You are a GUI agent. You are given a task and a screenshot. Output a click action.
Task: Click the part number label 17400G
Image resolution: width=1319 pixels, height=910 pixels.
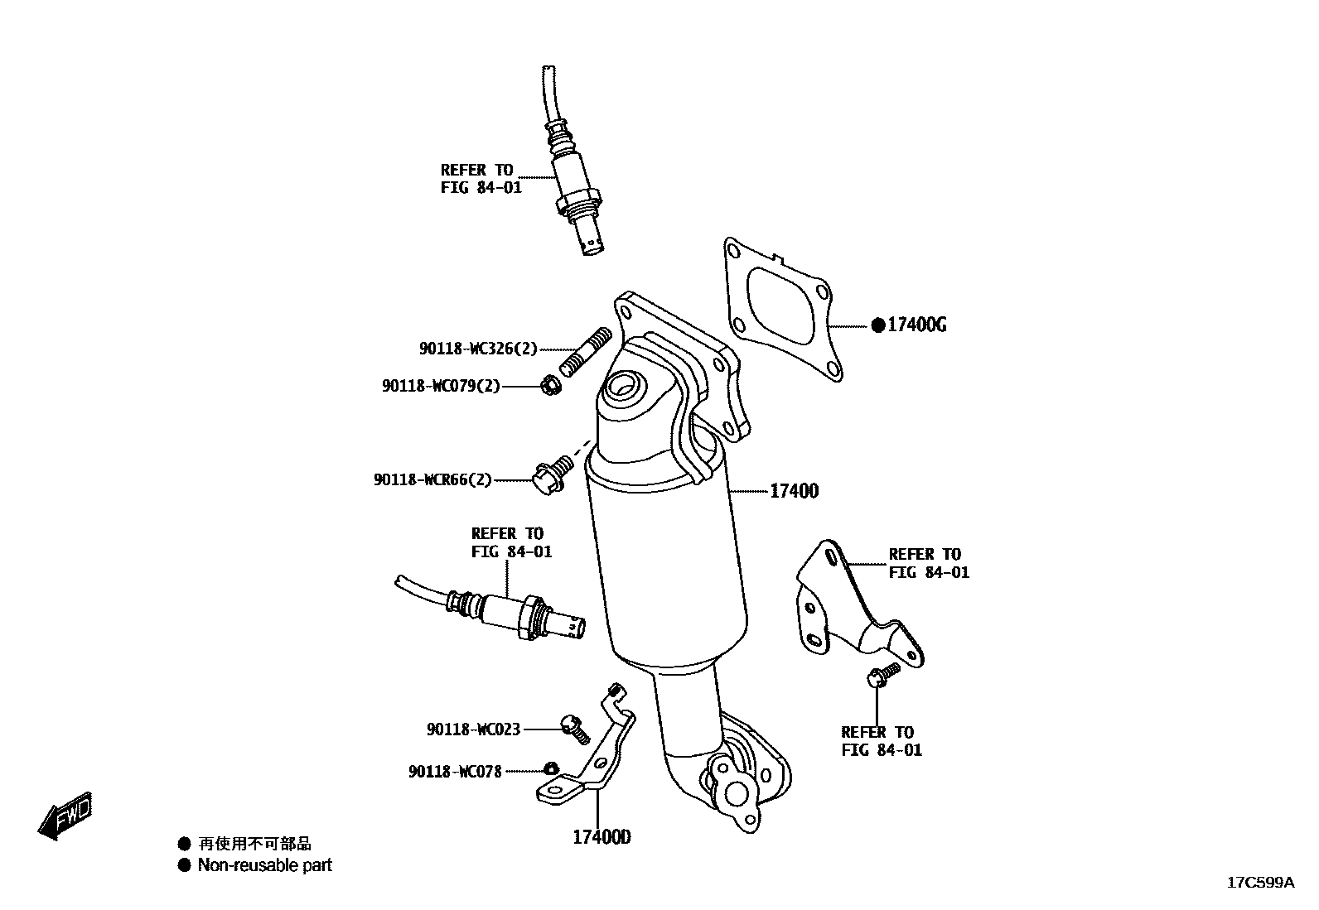click(916, 325)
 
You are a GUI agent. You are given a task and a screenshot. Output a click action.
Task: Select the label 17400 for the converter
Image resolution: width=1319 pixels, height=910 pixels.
click(794, 491)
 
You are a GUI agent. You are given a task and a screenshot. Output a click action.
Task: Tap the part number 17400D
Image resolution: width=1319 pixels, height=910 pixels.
click(602, 837)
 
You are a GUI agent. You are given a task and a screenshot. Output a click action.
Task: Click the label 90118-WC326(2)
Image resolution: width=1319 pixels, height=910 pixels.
click(478, 349)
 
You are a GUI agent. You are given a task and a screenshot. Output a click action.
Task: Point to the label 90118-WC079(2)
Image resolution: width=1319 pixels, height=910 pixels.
click(441, 386)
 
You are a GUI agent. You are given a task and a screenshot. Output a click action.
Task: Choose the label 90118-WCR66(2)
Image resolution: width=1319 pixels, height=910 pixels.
click(432, 479)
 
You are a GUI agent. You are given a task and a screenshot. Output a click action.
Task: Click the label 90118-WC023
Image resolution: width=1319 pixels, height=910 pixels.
click(473, 729)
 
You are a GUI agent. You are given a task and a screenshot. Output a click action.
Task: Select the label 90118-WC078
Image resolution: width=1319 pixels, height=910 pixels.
click(455, 772)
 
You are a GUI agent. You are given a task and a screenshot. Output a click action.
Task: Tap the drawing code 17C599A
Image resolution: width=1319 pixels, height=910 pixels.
click(1259, 883)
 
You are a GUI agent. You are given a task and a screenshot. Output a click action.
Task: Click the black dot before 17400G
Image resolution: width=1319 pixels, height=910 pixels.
click(878, 325)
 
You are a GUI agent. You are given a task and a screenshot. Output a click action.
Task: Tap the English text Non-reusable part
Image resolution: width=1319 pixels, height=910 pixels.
click(264, 865)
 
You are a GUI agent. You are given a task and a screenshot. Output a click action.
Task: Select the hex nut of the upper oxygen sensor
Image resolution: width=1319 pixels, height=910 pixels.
click(577, 204)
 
